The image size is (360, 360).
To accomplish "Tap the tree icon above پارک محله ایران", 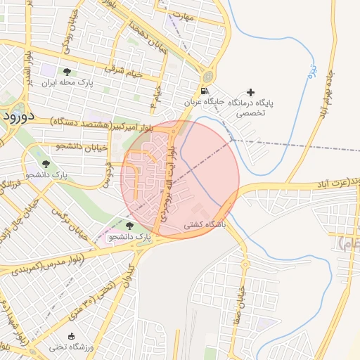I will coord(67,72).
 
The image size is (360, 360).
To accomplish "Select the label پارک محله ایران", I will coord(67,83).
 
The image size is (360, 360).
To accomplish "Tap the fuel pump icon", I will coord(204,91).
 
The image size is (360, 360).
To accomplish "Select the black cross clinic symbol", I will coord(250,92).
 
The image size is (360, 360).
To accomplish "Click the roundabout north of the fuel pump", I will coord(208,77).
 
